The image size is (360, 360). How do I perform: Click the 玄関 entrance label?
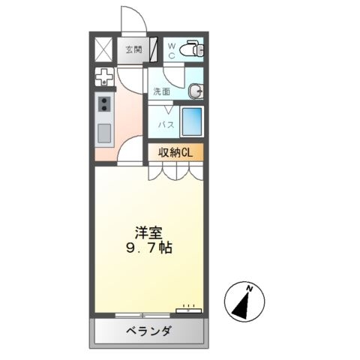pyautogui.click(x=133, y=51)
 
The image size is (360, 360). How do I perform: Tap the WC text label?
pyautogui.click(x=171, y=50)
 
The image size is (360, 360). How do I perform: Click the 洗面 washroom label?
pyautogui.click(x=161, y=91)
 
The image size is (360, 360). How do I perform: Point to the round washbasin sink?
pyautogui.click(x=196, y=91)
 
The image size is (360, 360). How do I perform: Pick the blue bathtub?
pyautogui.click(x=192, y=121)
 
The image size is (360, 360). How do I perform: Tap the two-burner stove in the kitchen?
pyautogui.click(x=103, y=104)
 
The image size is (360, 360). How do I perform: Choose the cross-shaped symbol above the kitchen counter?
pyautogui.click(x=103, y=77)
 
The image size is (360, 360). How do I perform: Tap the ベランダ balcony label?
pyautogui.click(x=147, y=333)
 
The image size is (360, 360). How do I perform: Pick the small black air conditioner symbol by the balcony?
pyautogui.click(x=186, y=309)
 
